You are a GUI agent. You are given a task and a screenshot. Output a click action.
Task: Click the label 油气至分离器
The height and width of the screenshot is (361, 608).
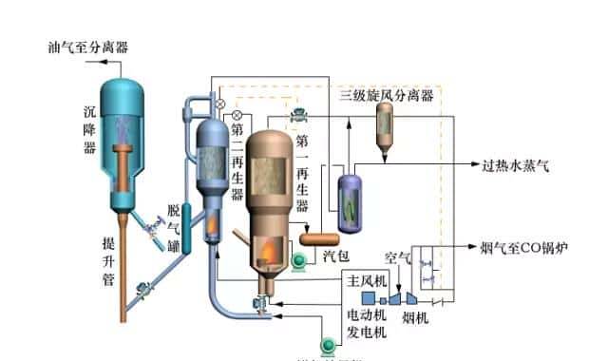click(89, 46)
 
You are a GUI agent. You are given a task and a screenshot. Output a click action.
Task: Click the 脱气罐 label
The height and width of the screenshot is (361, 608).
click(174, 229)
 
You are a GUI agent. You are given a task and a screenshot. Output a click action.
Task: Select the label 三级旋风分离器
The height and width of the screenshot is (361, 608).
click(387, 95)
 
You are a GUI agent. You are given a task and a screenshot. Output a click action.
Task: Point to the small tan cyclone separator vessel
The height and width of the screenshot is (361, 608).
click(387, 124)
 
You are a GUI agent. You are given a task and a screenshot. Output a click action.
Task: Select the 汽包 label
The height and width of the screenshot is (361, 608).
click(335, 256)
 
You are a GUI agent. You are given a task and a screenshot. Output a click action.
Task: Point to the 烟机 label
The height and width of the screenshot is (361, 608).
click(416, 316)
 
